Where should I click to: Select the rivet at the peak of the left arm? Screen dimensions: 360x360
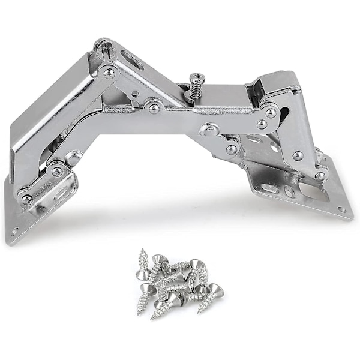pyautogui.click(x=109, y=73)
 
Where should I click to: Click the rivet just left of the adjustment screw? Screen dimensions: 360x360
pyautogui.click(x=154, y=108)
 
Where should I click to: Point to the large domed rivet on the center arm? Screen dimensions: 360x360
pyautogui.click(x=208, y=128)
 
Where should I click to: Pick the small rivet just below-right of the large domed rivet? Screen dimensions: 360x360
pyautogui.click(x=231, y=149)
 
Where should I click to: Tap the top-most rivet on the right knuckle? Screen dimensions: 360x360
pyautogui.click(x=271, y=113)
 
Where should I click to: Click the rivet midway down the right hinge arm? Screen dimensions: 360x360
pyautogui.click(x=298, y=155)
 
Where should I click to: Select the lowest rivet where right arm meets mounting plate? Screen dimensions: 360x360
pyautogui.click(x=320, y=176)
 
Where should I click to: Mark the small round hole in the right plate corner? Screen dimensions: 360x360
pyautogui.click(x=341, y=209)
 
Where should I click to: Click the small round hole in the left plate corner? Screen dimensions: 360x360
pyautogui.click(x=14, y=230)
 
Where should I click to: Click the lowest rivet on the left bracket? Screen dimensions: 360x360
pyautogui.click(x=27, y=199)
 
